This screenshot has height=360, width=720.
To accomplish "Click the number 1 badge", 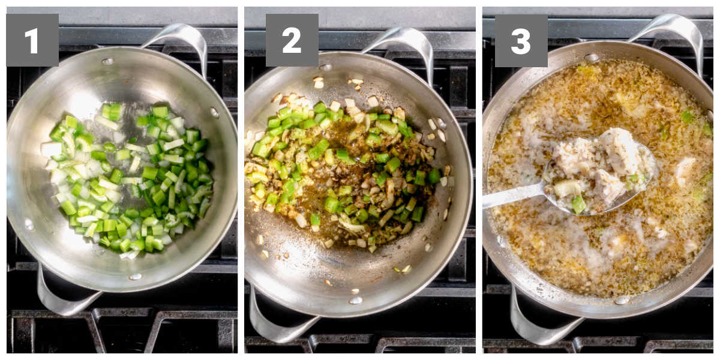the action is pos(32,40).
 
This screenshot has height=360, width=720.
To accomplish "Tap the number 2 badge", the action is pos(292,40).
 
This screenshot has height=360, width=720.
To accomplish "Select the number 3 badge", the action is pos(521,41).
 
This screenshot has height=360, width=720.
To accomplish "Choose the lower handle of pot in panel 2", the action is pos(273,322).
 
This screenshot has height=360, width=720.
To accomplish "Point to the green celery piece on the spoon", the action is pos(578,205).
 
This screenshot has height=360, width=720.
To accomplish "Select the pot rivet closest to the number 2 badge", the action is pos(326,67).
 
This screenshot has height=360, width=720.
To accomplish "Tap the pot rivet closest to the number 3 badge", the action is pos(592,58).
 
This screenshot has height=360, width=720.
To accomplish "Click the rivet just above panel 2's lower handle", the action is pos(356,300).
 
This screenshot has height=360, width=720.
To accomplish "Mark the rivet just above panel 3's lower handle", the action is pos(622,300).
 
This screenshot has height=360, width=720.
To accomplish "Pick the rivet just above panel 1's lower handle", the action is pos(135,277).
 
